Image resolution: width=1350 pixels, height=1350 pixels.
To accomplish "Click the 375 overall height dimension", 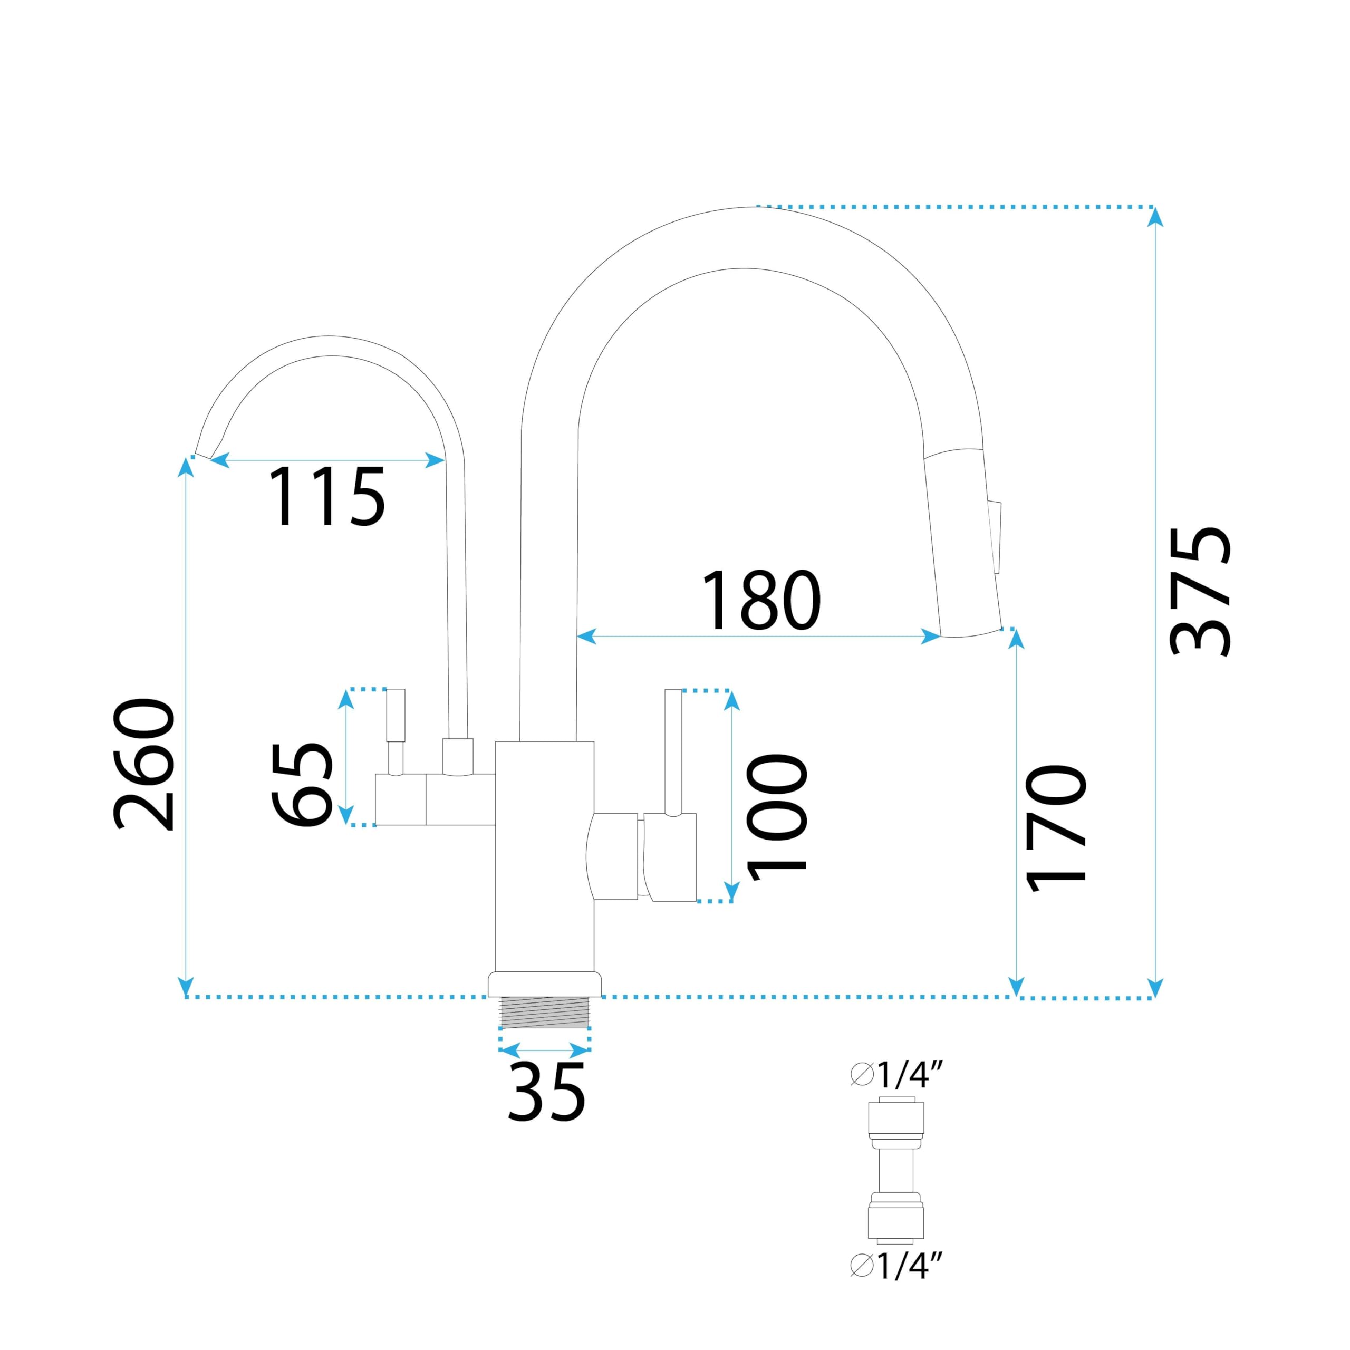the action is [x=1200, y=591].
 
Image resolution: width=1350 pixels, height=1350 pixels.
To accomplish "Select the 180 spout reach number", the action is [x=761, y=600].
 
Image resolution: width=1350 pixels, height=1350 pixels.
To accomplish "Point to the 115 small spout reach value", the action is [x=327, y=496].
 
